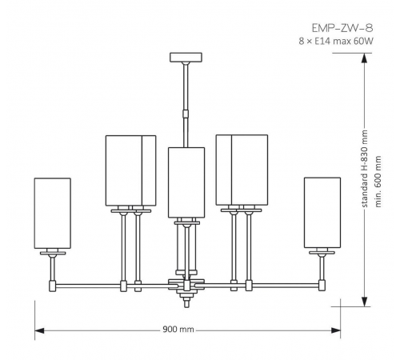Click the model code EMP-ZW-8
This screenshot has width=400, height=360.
click(x=342, y=28)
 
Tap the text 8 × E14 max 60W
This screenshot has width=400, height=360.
click(x=336, y=42)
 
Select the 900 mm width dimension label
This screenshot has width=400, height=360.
click(x=178, y=330)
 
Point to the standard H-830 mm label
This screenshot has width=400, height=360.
click(x=364, y=169)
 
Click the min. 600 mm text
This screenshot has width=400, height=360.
click(x=378, y=182)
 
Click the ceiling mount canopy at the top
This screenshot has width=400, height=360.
click(x=186, y=58)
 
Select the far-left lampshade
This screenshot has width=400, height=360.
click(x=53, y=214)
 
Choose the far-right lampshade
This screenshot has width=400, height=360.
click(x=322, y=213)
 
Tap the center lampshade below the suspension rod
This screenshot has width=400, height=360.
click(x=186, y=182)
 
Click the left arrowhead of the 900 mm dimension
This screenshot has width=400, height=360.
click(x=39, y=330)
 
